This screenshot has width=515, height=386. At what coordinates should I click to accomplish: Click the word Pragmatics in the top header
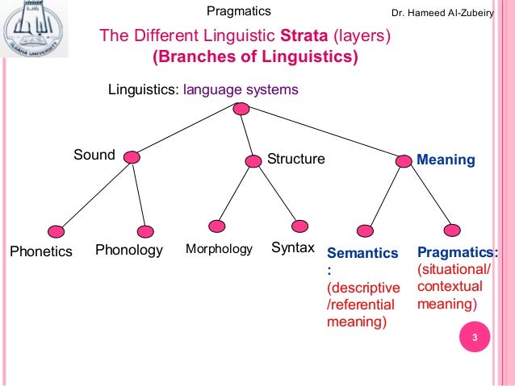(238, 10)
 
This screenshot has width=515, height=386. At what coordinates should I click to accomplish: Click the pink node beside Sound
(132, 159)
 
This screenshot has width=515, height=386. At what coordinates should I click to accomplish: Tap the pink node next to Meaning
(404, 160)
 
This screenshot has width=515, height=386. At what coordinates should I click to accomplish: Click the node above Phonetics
(55, 230)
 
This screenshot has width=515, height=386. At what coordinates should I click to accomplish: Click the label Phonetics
(41, 251)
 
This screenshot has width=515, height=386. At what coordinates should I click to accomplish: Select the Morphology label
(220, 249)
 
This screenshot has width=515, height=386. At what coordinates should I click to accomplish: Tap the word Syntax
(292, 247)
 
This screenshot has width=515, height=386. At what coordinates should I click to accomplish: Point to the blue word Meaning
(446, 160)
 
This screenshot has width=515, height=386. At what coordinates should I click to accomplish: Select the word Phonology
(129, 250)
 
